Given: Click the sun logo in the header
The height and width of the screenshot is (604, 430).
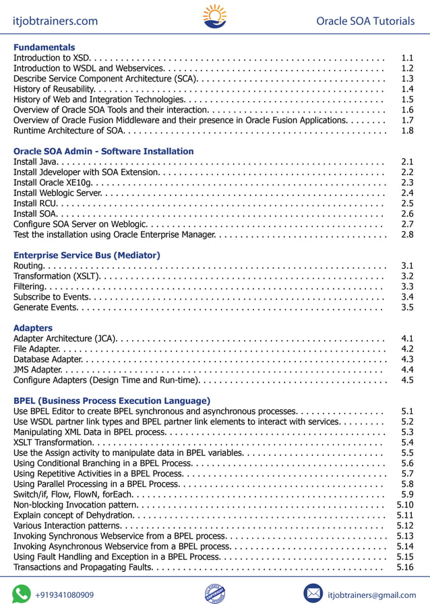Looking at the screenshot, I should [215, 17].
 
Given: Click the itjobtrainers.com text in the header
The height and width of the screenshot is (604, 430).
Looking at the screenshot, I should [55, 21].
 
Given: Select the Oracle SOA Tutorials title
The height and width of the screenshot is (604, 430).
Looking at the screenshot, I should [365, 21].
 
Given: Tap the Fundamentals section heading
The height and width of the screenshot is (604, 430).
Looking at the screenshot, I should [44, 48].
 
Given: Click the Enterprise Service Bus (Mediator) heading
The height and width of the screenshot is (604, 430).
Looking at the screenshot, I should [87, 255].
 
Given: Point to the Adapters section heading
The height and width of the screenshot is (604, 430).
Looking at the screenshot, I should [33, 328].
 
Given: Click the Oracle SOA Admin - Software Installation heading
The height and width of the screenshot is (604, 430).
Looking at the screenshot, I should [103, 152].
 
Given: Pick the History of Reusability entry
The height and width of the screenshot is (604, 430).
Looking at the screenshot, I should [56, 90].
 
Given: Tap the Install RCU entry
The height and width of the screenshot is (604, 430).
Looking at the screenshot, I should [35, 203].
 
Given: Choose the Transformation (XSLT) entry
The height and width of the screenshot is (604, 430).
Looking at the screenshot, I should [57, 276].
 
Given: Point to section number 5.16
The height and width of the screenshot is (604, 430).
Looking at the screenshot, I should [405, 567].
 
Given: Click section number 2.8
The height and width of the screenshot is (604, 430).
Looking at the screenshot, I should [407, 234].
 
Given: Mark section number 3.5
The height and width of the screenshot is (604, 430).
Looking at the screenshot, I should [407, 307].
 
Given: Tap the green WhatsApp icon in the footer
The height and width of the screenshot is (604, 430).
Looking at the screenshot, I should [22, 593].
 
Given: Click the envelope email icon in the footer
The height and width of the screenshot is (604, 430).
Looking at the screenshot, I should [313, 593].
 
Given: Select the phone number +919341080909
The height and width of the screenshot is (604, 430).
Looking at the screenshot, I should [65, 595].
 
